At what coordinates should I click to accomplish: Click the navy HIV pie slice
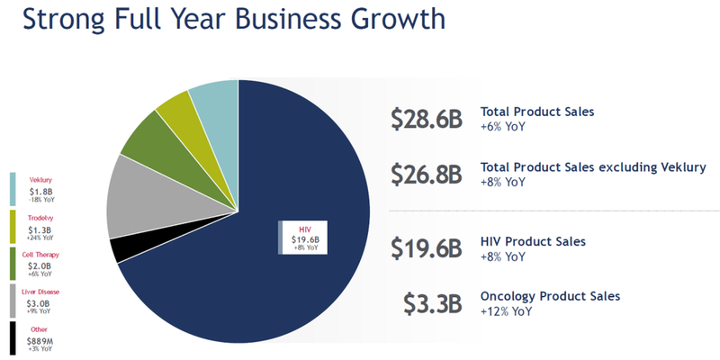click(x=270, y=270)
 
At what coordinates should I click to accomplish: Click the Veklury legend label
click(x=40, y=179)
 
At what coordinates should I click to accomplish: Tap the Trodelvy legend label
click(x=40, y=218)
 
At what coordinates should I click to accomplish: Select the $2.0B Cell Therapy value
click(x=40, y=266)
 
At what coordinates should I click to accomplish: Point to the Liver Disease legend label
click(x=40, y=292)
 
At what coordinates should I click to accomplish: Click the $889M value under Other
click(x=40, y=341)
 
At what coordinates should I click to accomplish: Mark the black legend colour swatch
click(x=13, y=337)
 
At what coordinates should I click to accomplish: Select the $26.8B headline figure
click(x=427, y=174)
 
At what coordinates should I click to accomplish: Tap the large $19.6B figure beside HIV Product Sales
click(x=427, y=248)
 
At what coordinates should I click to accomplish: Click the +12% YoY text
click(x=507, y=311)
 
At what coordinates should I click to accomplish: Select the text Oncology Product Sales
click(x=550, y=296)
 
